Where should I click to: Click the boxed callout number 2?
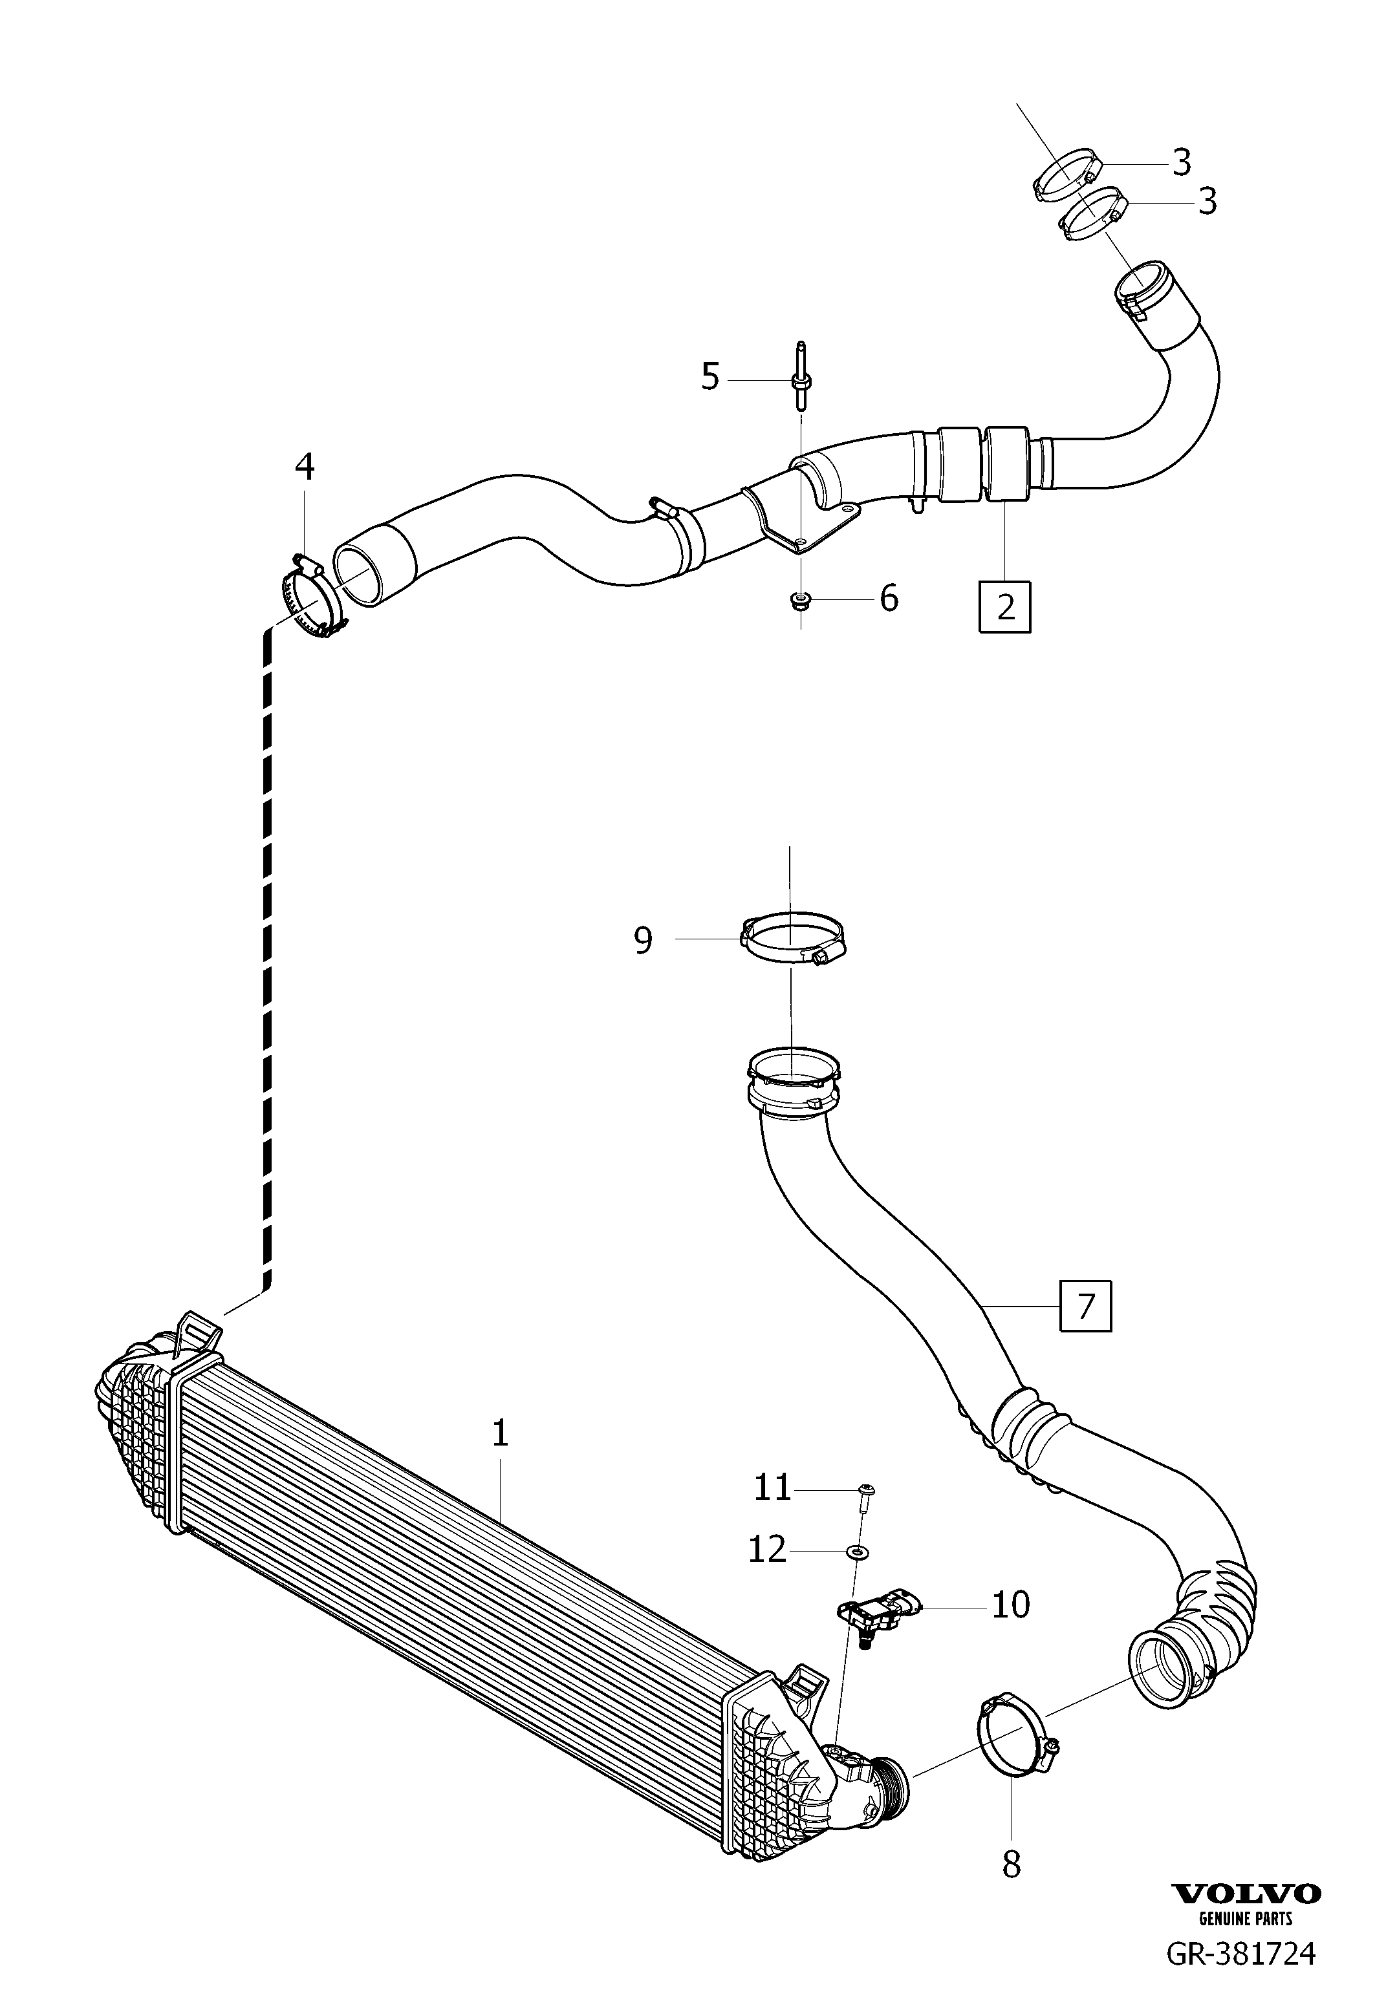1005,608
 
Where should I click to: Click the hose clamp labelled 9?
792,942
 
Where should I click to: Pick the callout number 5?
710,377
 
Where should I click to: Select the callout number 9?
643,940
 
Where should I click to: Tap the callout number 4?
304,467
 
